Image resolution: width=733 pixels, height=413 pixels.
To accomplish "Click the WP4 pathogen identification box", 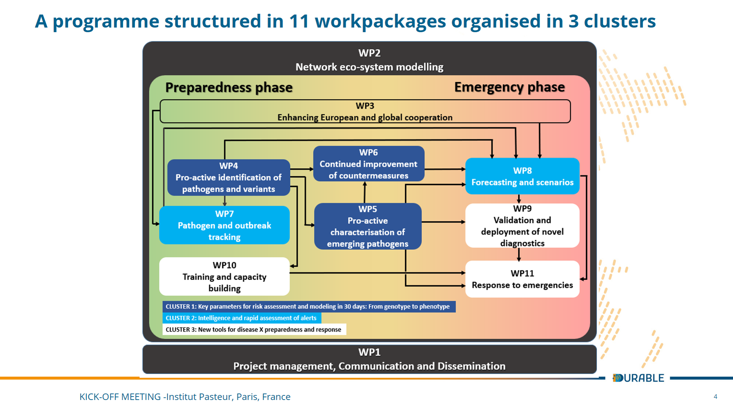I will [x=228, y=177].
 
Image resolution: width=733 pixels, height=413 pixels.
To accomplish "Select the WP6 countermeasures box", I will [x=368, y=164].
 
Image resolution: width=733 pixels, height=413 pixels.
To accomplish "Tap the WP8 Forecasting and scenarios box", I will [x=522, y=176].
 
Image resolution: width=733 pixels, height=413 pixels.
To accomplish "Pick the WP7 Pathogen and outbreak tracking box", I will [x=224, y=225].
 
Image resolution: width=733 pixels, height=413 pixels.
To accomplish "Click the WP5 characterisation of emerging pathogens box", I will [x=368, y=226].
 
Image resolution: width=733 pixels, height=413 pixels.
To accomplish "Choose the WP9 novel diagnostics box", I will [x=522, y=226].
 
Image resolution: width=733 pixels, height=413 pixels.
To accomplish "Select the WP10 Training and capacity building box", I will [x=224, y=276].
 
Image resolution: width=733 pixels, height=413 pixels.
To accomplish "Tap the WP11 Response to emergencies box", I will [x=522, y=279].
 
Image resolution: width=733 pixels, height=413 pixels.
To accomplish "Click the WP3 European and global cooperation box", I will [x=365, y=111].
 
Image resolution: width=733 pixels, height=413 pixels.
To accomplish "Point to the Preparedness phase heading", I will [x=229, y=88].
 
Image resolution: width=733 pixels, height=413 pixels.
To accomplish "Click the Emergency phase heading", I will [x=509, y=87].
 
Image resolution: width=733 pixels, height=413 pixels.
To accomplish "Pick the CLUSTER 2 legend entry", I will [x=242, y=318].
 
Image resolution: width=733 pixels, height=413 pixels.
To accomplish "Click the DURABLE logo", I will [x=638, y=378].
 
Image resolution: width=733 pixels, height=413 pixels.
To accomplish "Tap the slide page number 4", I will [x=715, y=397].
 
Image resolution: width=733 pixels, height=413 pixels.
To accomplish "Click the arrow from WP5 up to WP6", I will [x=365, y=192].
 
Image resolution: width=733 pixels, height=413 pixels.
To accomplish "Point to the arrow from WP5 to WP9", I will [x=443, y=222].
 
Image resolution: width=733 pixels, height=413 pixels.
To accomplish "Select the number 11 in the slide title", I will [x=299, y=21].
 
